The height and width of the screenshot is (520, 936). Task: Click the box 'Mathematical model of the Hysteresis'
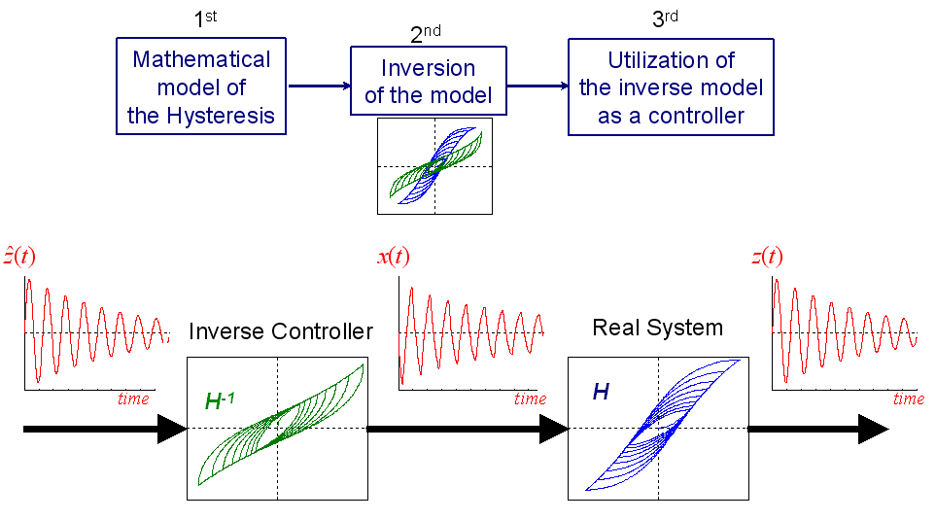[x=201, y=87]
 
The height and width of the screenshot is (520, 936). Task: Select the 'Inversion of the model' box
[x=429, y=83]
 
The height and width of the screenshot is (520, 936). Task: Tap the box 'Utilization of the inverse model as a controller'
[x=671, y=87]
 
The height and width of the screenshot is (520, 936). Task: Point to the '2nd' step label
[x=425, y=34]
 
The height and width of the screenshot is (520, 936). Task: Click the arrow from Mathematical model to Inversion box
[x=320, y=86]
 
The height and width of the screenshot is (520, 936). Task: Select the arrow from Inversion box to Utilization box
[x=537, y=86]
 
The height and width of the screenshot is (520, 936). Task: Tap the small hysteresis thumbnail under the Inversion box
[x=434, y=165]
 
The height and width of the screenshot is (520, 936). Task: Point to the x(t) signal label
[x=393, y=258]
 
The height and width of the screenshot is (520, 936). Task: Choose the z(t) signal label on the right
[x=767, y=258]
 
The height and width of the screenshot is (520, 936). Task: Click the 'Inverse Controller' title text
[x=280, y=332]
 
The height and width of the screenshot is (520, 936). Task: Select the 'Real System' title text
[x=657, y=328]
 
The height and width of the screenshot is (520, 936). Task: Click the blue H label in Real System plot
[x=601, y=392]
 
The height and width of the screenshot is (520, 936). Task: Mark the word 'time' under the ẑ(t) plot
[x=133, y=399]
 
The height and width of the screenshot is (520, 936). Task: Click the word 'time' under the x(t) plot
[x=530, y=399]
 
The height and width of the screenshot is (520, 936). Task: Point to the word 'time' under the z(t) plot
[x=908, y=399]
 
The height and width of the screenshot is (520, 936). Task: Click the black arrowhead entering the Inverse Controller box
[x=172, y=429]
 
